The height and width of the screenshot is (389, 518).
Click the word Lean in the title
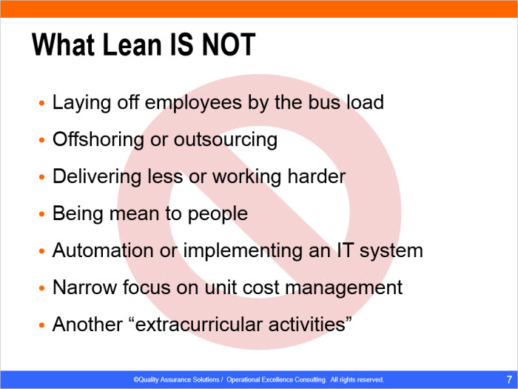[133, 44]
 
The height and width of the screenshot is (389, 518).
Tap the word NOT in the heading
[228, 44]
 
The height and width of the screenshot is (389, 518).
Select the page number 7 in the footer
[509, 379]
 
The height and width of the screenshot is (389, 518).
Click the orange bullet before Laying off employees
[41, 103]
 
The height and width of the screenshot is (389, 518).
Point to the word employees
[193, 103]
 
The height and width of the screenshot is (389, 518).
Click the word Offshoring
[98, 139]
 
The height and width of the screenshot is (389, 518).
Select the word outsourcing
[225, 140]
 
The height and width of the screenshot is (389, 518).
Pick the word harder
[316, 176]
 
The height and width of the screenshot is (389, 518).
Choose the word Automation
[103, 250]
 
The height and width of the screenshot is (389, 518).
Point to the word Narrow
[84, 287]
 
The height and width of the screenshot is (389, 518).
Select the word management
[343, 288]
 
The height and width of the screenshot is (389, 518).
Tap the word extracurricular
[199, 325]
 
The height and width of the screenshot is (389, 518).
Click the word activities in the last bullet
[307, 325]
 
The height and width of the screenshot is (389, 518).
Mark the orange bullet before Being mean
[41, 214]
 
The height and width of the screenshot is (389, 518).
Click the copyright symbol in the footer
[135, 379]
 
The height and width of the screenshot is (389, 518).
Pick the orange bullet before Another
[41, 325]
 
